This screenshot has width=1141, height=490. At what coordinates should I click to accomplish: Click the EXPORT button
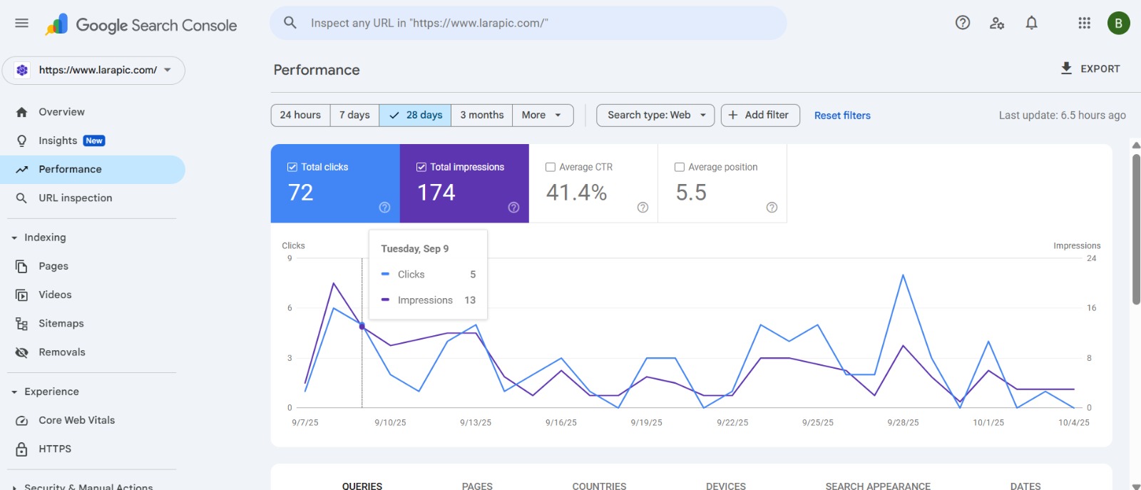[1090, 68]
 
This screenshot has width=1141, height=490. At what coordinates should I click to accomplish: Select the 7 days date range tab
[354, 115]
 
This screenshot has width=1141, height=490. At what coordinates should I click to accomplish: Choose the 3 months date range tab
[481, 115]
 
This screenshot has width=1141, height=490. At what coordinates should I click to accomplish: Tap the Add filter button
[759, 115]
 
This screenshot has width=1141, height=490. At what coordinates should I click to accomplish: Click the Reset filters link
[842, 116]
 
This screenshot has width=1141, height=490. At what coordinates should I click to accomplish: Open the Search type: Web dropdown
[655, 115]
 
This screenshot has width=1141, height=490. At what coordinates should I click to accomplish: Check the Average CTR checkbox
[551, 167]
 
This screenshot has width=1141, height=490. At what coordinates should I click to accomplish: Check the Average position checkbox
[680, 167]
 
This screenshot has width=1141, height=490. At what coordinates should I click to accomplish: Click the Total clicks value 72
[301, 193]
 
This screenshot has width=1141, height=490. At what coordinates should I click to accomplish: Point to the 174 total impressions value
[436, 193]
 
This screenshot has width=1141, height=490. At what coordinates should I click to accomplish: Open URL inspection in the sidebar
[75, 198]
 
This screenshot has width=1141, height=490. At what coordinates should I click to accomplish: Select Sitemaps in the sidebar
[61, 323]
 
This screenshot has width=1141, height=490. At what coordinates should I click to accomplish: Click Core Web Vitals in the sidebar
[76, 420]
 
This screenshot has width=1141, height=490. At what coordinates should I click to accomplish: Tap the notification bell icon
[1031, 23]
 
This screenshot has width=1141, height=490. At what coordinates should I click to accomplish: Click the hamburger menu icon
[22, 23]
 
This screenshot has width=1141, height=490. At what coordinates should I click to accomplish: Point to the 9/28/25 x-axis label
[903, 422]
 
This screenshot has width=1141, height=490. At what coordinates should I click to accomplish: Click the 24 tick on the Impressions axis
[1091, 258]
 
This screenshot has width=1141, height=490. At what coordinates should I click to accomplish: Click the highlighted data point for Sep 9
[362, 326]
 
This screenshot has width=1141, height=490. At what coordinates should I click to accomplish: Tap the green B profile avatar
[1118, 23]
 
